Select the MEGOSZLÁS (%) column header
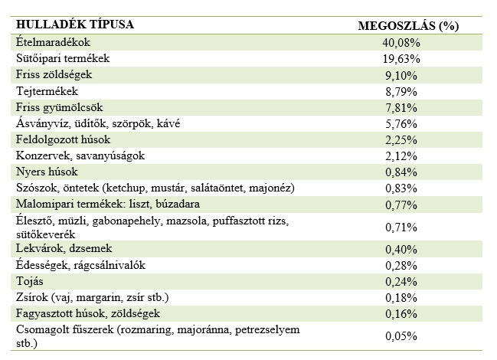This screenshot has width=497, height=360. [x=408, y=25]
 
